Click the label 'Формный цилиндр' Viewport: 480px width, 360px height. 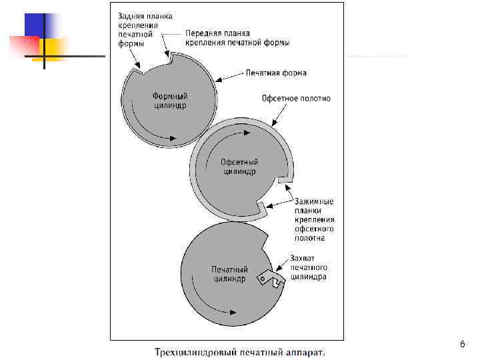[x=169, y=101]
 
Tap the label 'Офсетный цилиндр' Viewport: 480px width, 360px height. [x=239, y=167]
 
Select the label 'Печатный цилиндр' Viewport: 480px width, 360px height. [x=229, y=273]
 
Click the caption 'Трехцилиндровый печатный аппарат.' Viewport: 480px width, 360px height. [x=240, y=351]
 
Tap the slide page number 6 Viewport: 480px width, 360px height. [x=462, y=344]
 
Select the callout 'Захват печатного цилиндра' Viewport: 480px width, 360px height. [x=308, y=267]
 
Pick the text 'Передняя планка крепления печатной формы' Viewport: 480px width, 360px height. [x=237, y=38]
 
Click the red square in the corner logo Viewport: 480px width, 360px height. [x=24, y=47]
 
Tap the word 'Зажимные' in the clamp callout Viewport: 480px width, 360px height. [x=314, y=201]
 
